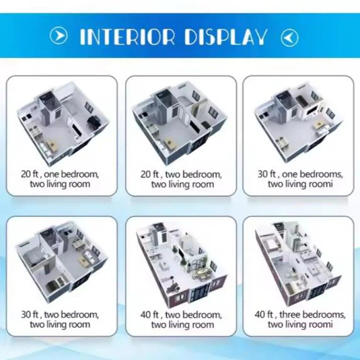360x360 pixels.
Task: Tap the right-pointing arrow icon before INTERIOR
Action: [x=58, y=37]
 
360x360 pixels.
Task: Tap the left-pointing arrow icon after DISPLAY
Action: [x=290, y=37]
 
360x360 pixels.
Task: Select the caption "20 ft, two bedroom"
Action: [x=182, y=174]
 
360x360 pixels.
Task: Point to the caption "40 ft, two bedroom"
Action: [x=182, y=314]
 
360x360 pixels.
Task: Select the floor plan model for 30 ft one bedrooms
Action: [x=297, y=123]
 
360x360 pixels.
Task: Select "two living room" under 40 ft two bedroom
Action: [x=182, y=325]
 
